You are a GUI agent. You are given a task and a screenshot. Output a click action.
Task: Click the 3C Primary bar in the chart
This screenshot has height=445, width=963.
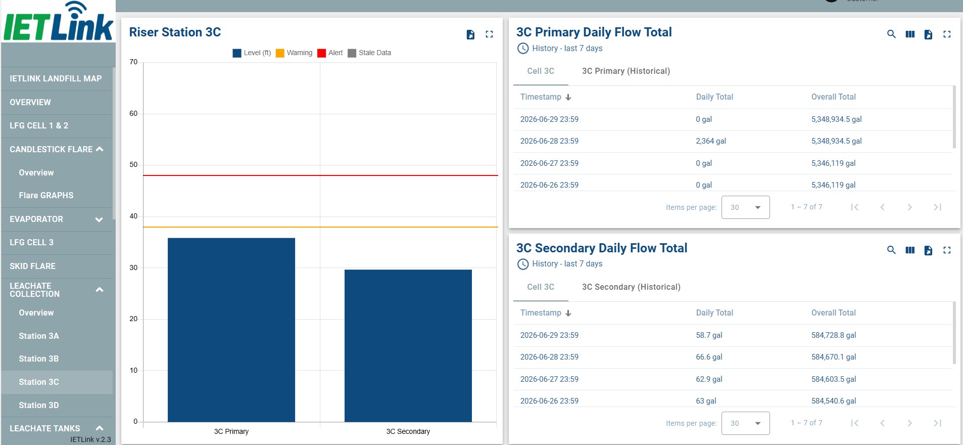click(x=231, y=330)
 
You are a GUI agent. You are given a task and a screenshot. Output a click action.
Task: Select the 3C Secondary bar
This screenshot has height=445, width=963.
click(x=408, y=345)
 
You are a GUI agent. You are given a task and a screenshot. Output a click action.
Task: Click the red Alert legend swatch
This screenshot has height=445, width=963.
click(x=321, y=53)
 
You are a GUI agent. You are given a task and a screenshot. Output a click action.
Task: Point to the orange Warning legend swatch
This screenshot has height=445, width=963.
click(x=280, y=53)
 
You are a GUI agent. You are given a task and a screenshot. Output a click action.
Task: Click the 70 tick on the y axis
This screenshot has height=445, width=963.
click(x=133, y=62)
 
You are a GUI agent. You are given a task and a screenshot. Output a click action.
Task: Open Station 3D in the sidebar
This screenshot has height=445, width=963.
click(x=39, y=405)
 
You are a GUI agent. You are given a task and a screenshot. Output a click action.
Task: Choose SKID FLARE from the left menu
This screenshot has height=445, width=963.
click(x=32, y=266)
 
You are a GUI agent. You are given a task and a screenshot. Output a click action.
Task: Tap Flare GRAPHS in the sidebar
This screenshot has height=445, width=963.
click(x=46, y=195)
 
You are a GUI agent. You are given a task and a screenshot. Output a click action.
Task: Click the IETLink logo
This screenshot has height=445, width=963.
click(x=58, y=21)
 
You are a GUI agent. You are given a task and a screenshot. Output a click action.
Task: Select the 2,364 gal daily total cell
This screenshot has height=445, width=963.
click(x=711, y=141)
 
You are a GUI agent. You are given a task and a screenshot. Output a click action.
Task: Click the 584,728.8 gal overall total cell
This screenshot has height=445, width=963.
click(x=834, y=335)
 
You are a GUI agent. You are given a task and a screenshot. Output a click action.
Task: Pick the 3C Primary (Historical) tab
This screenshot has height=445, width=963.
click(x=626, y=71)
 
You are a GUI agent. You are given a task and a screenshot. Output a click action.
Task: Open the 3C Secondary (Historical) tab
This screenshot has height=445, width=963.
click(x=631, y=287)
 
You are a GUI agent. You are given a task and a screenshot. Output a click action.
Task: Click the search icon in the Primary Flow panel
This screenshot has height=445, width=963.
click(x=891, y=34)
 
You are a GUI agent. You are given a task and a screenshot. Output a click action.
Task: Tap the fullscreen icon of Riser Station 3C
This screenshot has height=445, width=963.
click(x=489, y=34)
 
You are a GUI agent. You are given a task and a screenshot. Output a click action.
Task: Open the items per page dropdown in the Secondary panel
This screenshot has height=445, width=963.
click(x=745, y=423)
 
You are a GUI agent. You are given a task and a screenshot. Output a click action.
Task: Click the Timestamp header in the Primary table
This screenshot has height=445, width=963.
click(x=541, y=97)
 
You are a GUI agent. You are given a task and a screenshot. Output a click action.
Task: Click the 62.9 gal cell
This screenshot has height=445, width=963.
click(x=709, y=379)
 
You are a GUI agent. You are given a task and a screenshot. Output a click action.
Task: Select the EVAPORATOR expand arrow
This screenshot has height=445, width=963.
click(x=99, y=219)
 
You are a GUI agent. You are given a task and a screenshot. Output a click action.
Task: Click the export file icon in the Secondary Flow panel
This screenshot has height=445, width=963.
click(x=928, y=250)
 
